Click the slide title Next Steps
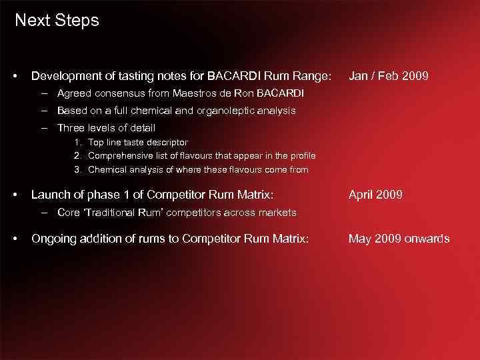coord(57,21)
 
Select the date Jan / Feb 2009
coord(389,76)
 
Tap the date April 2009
coord(375,195)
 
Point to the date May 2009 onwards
coord(399,239)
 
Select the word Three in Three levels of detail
coord(71,128)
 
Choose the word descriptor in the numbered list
coord(167,142)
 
